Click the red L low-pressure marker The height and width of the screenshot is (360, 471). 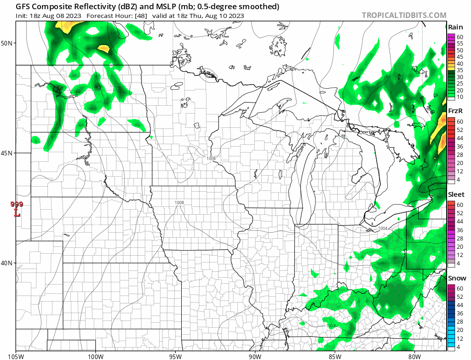17,213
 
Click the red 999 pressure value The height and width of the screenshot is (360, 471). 17,205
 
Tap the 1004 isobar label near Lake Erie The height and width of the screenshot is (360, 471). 383,229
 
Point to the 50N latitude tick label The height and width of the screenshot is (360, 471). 8,43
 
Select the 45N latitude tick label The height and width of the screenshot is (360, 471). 8,153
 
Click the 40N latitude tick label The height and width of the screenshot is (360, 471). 8,263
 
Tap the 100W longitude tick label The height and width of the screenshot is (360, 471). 96,355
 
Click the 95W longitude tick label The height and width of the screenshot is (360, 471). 175,355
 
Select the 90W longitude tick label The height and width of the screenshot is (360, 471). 255,355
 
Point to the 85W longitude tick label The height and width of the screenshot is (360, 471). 334,355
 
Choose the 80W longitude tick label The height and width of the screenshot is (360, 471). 414,355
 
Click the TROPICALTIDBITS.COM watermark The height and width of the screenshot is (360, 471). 404,15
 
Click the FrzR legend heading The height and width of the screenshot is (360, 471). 455,111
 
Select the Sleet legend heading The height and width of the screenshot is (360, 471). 456,194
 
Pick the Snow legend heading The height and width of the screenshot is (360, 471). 457,278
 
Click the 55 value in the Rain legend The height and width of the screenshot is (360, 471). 460,43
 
